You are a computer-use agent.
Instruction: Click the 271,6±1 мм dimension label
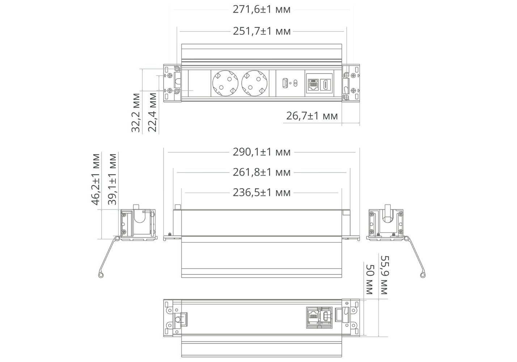tap(262, 10)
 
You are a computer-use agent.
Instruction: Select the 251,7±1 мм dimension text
tap(262, 31)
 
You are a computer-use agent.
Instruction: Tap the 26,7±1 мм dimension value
tap(312, 116)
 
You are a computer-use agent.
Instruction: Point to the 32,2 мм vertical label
tap(136, 113)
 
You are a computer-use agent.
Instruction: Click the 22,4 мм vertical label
tap(152, 112)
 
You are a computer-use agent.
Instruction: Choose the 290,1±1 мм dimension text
tap(262, 152)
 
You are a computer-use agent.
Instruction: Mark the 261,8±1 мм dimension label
tap(262, 172)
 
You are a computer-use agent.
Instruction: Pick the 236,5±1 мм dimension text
tap(262, 193)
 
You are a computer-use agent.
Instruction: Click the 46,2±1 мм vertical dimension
tap(96, 180)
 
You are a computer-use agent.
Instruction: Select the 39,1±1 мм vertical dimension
tap(113, 180)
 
